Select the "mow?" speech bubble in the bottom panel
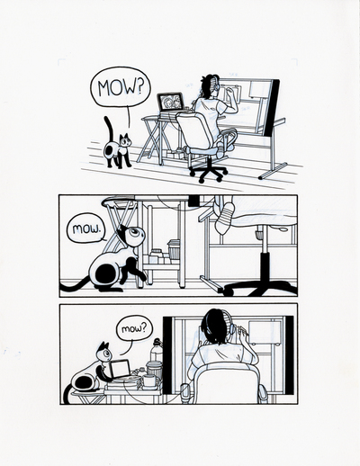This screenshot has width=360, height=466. coord(133,329)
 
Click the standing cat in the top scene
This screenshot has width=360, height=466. coord(118,148)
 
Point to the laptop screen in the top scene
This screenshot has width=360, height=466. coord(171,103)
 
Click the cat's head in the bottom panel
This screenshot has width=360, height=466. coord(103,353)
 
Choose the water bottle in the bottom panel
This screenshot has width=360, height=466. coord(157,358)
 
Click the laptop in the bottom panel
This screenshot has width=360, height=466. coord(117,371)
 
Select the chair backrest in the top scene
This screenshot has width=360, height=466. coord(196,130)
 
